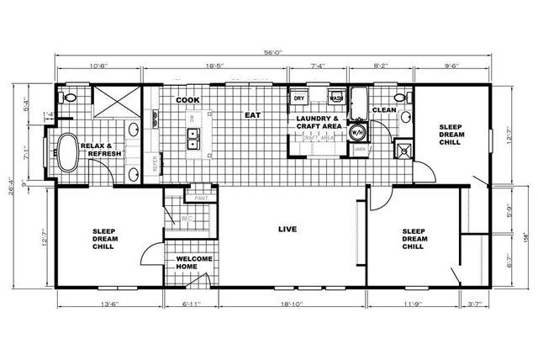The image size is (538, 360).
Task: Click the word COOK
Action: pos(187,100)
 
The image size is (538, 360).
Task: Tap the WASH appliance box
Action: pos(335,98)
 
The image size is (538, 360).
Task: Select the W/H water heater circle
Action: pos(356,133)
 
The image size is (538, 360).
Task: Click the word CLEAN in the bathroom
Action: pos(384,109)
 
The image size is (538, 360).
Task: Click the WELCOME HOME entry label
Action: pos(193,262)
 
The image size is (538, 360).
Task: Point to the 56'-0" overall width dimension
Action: pos(272,53)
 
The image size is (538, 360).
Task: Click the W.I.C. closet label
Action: pos(187,221)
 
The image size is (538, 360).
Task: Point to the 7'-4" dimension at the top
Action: pos(319,65)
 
